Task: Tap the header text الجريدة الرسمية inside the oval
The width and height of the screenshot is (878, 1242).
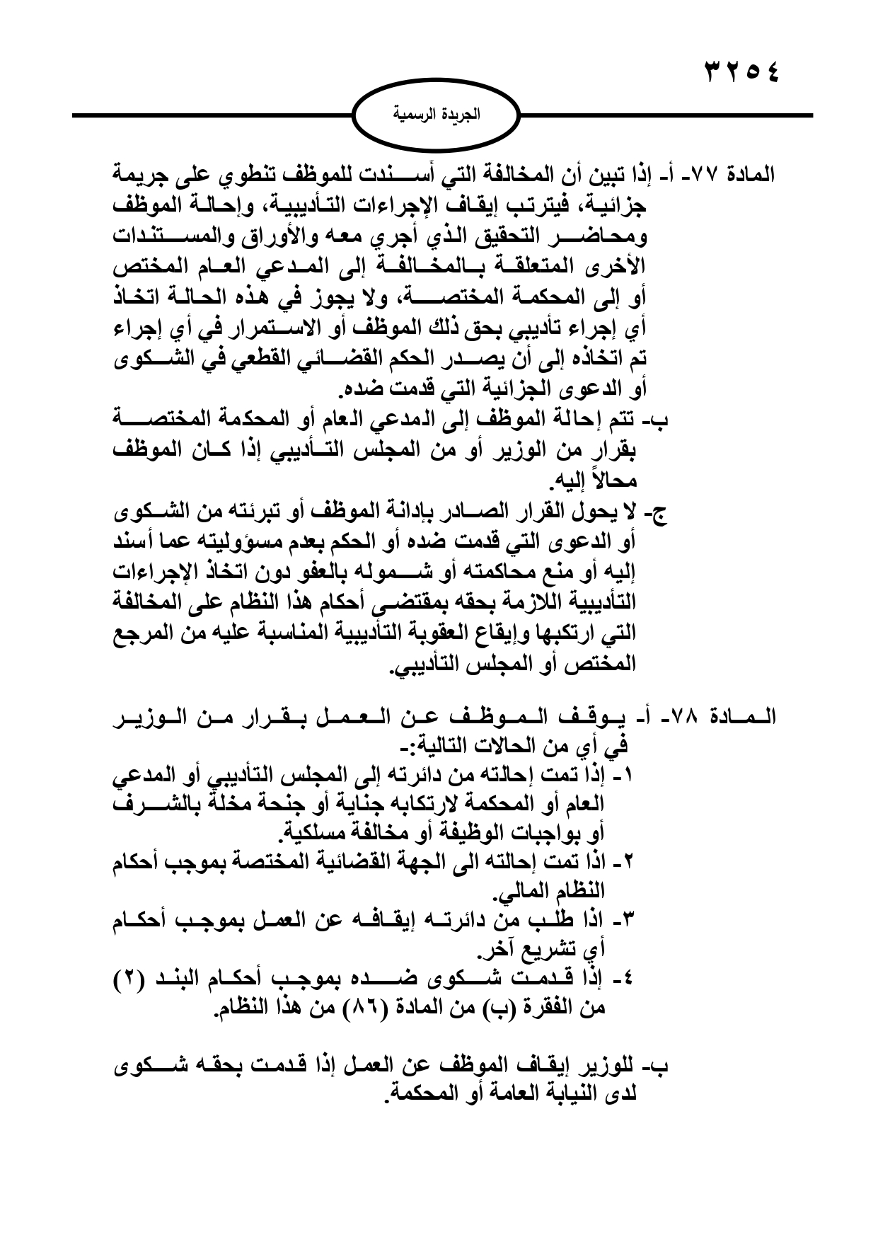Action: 437,115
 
